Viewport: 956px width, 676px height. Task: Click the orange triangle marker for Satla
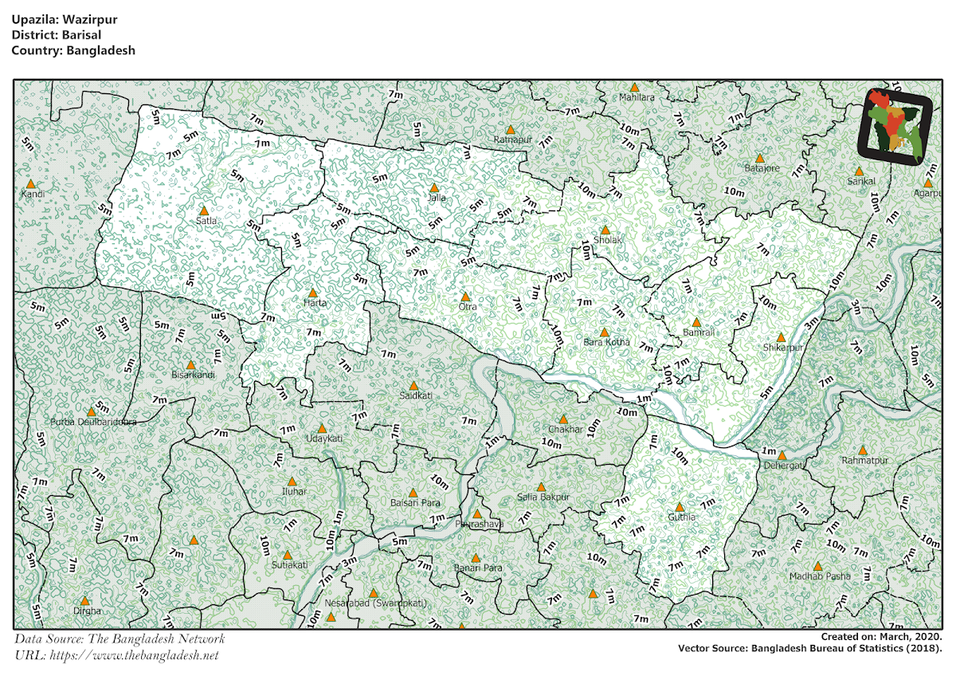tap(203, 210)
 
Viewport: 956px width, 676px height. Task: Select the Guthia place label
tap(681, 517)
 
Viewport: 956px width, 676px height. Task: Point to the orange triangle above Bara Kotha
tap(604, 332)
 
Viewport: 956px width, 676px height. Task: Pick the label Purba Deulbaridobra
tap(93, 422)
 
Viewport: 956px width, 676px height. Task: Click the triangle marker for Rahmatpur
tap(863, 450)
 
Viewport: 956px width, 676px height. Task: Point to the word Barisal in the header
tap(79, 36)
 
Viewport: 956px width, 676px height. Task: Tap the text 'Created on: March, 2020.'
tap(881, 638)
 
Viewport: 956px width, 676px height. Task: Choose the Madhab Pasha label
tap(820, 576)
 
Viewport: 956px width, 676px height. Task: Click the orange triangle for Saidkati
tap(413, 385)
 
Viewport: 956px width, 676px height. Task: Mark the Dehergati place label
tap(785, 465)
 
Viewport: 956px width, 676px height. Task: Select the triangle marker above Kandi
tap(31, 183)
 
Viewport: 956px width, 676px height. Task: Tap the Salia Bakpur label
tap(541, 497)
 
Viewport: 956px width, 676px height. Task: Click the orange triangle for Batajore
tap(760, 158)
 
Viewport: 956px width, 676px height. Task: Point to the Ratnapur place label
tap(512, 140)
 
